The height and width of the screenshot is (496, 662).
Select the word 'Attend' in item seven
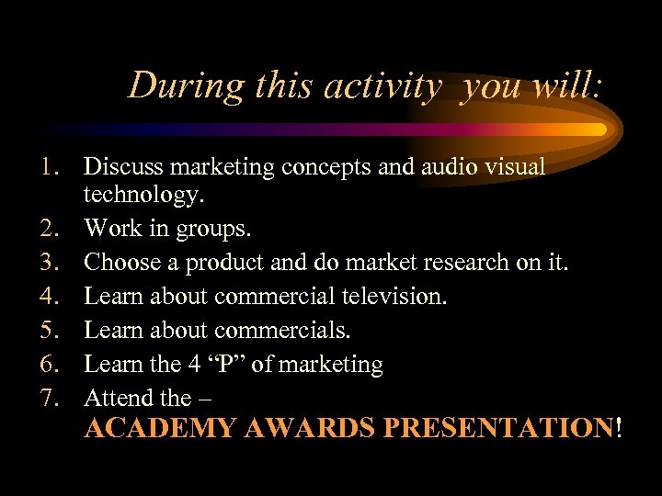118,398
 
